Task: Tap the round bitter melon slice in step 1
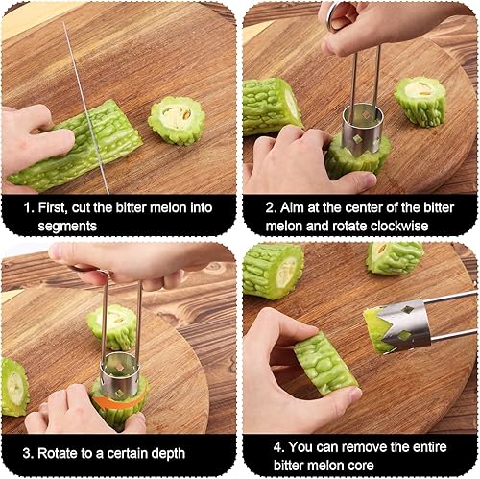click(176, 120)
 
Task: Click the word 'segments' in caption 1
click(67, 226)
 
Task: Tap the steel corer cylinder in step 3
click(119, 372)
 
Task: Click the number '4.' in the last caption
click(279, 446)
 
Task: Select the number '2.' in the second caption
click(271, 208)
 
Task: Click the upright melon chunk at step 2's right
click(420, 101)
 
